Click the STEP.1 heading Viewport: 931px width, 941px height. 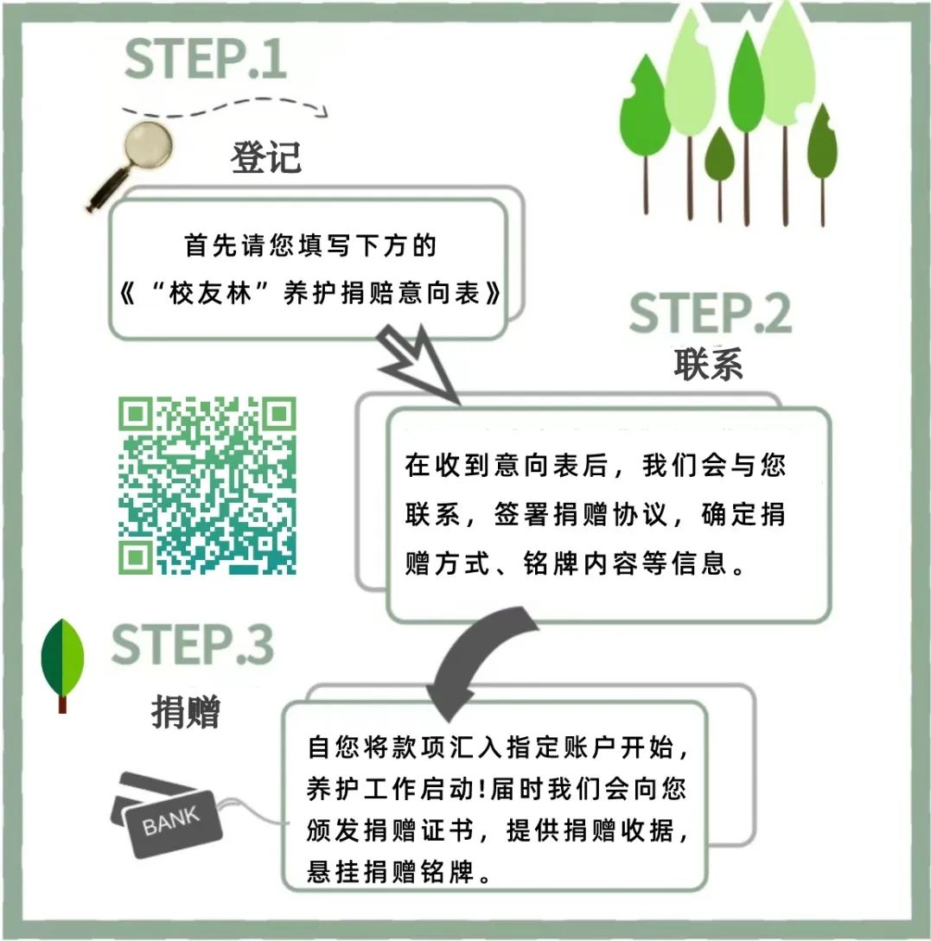205,59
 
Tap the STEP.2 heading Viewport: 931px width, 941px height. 711,313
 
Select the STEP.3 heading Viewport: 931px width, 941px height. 193,645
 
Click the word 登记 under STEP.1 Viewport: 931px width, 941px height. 266,158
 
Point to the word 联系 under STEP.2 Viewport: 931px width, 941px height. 708,364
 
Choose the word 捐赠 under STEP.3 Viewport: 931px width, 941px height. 186,712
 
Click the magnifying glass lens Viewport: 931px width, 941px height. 149,145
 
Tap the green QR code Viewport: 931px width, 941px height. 207,486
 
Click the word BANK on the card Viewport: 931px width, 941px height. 170,820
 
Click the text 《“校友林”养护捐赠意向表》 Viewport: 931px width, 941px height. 309,294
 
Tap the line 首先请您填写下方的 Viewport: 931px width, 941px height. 309,245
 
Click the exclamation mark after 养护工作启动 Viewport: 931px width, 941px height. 482,789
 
